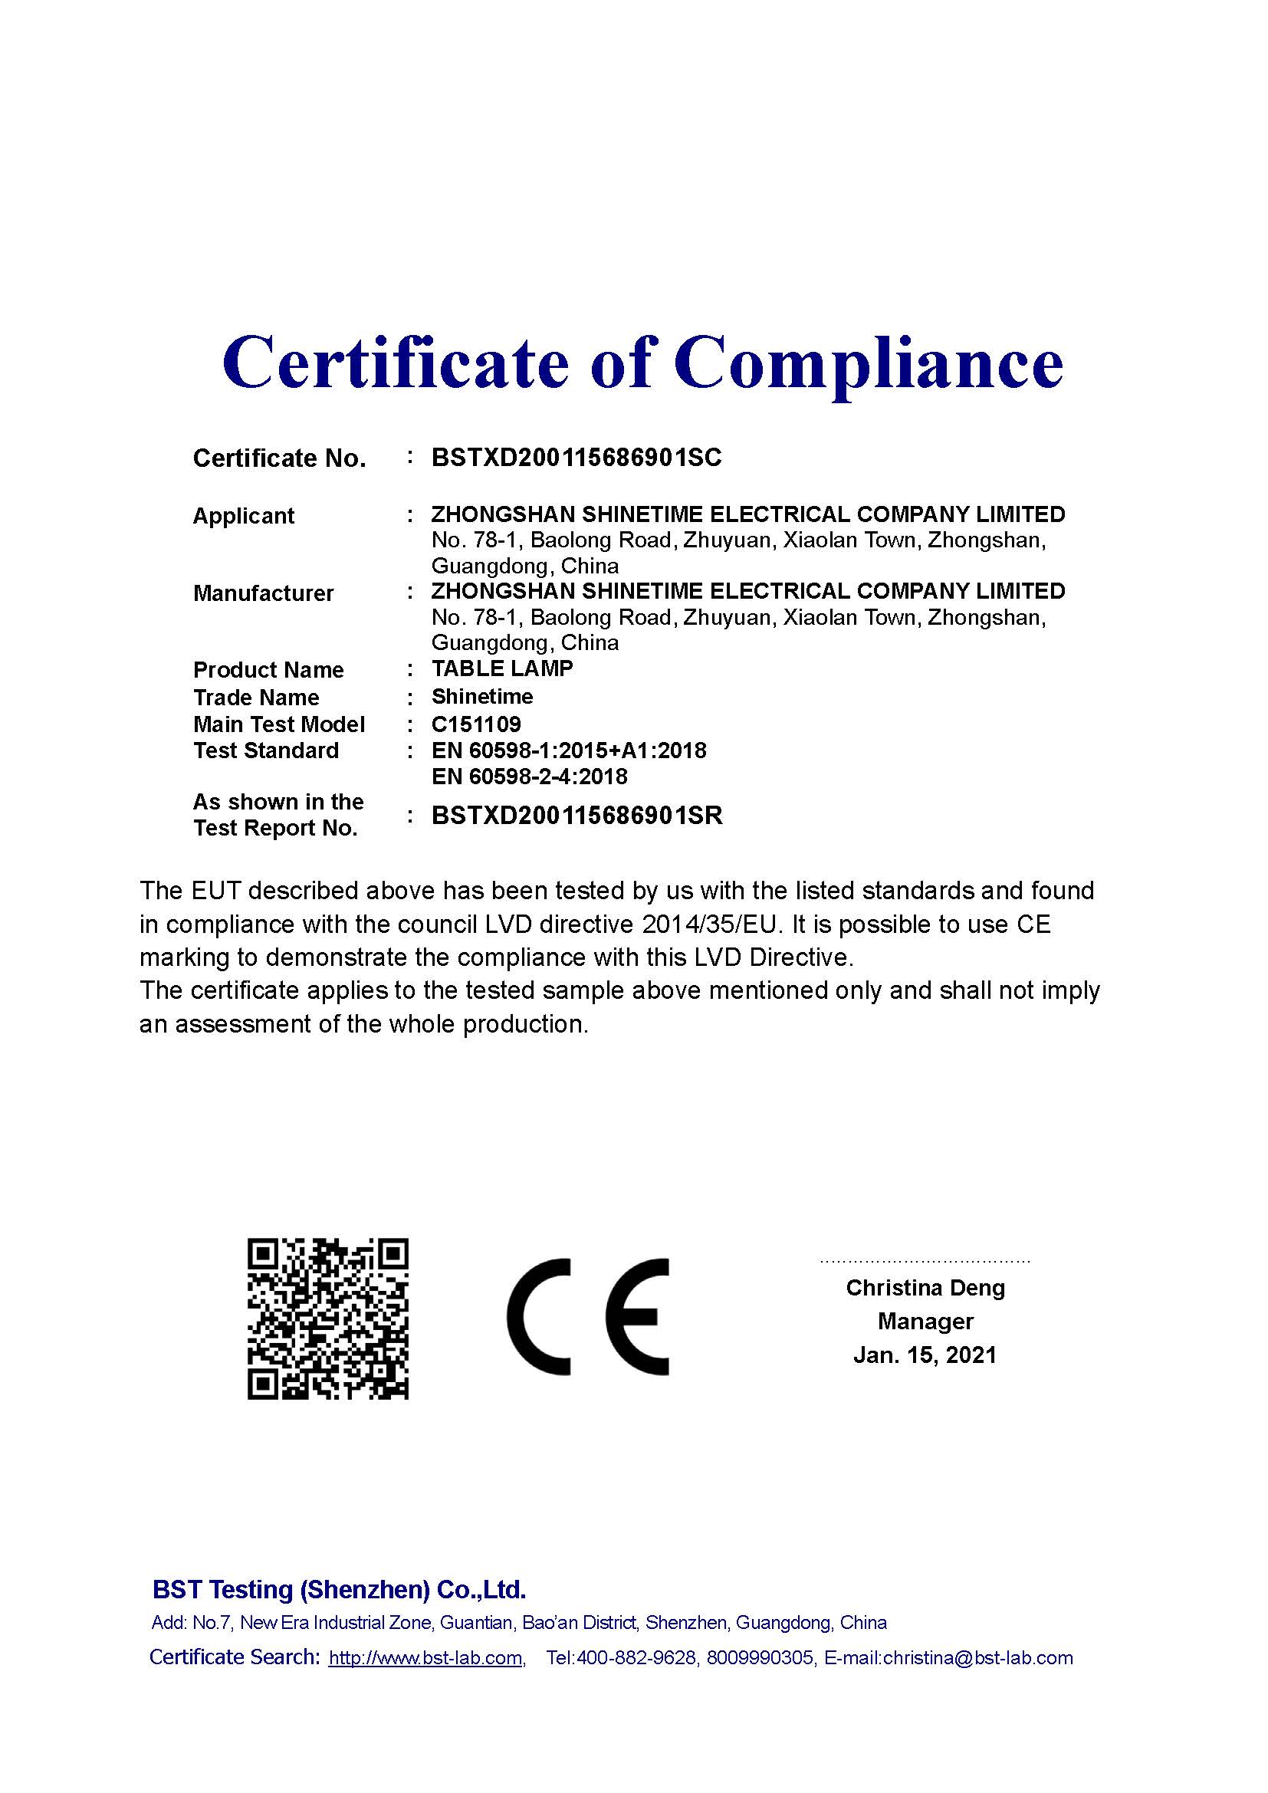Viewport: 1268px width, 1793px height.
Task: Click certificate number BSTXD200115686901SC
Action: point(577,458)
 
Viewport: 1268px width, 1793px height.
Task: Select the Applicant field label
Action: point(243,516)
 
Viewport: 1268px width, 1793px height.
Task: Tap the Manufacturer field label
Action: point(263,593)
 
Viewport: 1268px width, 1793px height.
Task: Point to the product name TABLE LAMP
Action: point(502,668)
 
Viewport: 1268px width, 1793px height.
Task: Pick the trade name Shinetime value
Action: point(481,697)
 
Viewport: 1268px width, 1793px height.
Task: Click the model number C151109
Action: point(476,724)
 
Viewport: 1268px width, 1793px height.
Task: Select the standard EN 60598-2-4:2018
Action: point(530,777)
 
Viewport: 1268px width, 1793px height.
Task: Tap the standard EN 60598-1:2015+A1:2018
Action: point(568,750)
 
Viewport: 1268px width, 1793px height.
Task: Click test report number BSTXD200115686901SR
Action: point(577,816)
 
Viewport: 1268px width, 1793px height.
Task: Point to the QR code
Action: point(328,1318)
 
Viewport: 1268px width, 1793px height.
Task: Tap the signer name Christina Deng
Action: point(925,1288)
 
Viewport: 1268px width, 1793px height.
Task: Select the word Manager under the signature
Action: point(925,1322)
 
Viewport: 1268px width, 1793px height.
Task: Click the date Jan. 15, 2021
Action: point(925,1355)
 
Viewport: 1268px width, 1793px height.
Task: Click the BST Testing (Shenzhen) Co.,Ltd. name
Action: point(339,1589)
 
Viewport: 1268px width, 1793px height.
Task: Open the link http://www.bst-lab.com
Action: point(425,1658)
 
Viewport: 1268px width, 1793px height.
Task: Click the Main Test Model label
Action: point(279,724)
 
